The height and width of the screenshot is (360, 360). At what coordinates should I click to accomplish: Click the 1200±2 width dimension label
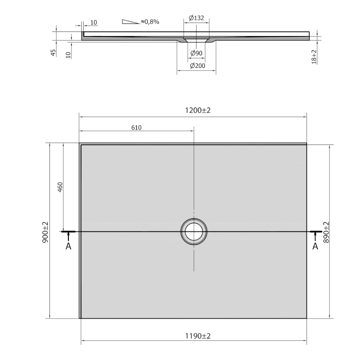pyautogui.click(x=198, y=110)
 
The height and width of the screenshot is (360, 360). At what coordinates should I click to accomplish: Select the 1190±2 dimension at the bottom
pyautogui.click(x=198, y=336)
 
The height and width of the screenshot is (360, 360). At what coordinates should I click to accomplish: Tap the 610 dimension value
pyautogui.click(x=136, y=127)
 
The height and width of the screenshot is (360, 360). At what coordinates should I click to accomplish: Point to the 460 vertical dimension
pyautogui.click(x=60, y=187)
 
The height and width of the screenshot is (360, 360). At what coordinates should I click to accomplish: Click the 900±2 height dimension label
pyautogui.click(x=45, y=232)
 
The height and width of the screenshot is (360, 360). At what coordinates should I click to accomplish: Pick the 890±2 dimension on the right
pyautogui.click(x=326, y=232)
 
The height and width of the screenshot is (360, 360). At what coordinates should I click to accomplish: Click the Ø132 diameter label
pyautogui.click(x=196, y=18)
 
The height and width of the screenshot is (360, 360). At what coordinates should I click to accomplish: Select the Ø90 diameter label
pyautogui.click(x=196, y=53)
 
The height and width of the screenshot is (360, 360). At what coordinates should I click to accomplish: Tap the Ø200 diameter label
pyautogui.click(x=198, y=66)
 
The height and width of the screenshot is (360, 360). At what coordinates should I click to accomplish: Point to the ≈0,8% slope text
pyautogui.click(x=150, y=22)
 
